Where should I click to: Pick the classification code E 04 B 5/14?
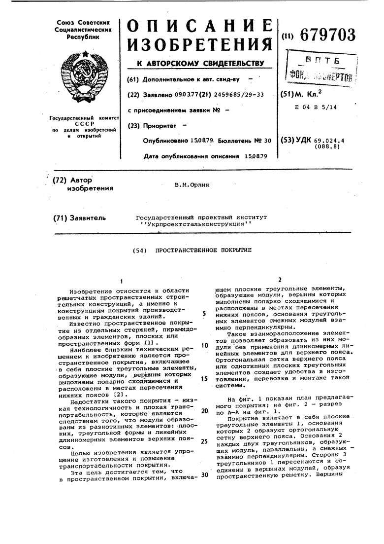click(x=316, y=107)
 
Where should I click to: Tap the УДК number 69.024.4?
click(x=329, y=140)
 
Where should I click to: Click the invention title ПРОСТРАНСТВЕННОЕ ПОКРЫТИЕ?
click(x=203, y=250)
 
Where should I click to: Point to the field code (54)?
click(x=140, y=251)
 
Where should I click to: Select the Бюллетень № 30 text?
click(x=244, y=140)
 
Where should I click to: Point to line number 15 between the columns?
click(x=204, y=378)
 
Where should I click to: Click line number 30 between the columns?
click(x=205, y=475)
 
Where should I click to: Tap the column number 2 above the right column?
click(x=279, y=279)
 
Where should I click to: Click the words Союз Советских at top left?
click(x=83, y=23)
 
